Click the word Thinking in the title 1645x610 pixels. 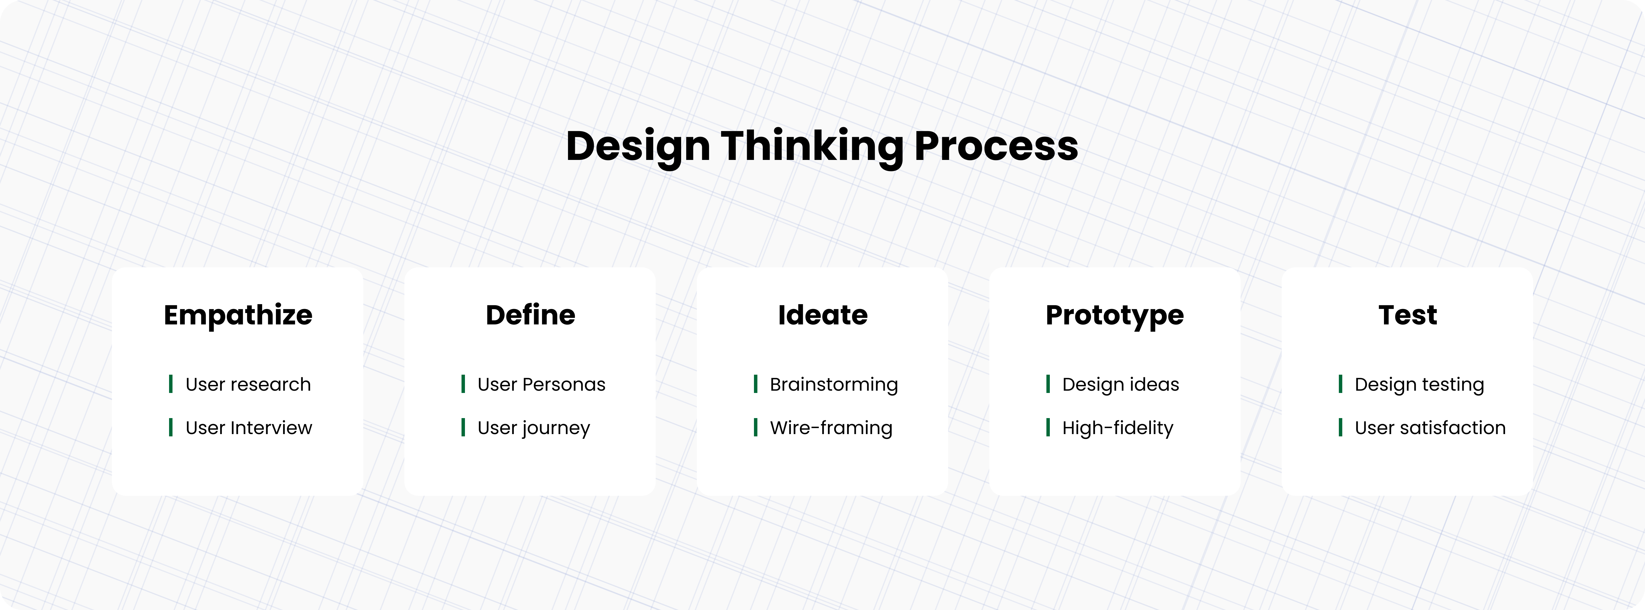click(x=812, y=146)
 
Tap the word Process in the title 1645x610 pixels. click(x=996, y=146)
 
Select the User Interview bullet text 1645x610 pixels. click(x=248, y=428)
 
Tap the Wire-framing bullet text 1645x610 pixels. click(x=831, y=428)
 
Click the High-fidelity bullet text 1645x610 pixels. click(x=1118, y=428)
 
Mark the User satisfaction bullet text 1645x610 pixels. click(x=1430, y=428)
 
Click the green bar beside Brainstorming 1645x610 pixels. click(x=755, y=384)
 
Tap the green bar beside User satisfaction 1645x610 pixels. click(x=1340, y=427)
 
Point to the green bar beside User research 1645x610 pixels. click(x=170, y=384)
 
